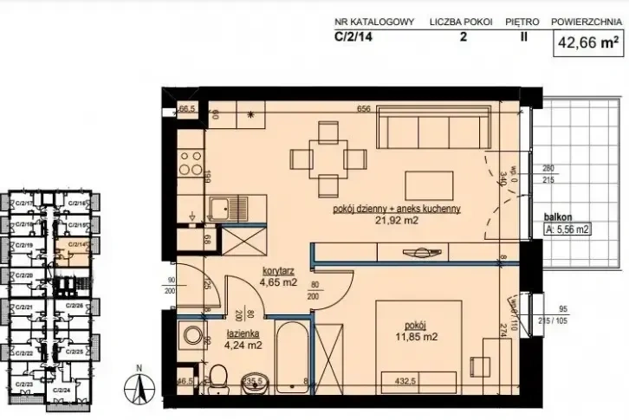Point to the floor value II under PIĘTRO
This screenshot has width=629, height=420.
click(x=524, y=37)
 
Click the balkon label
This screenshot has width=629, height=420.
click(x=558, y=219)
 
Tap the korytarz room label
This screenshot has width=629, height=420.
click(x=281, y=270)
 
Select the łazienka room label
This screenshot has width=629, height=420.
click(x=244, y=333)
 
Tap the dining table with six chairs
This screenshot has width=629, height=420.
click(x=327, y=158)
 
